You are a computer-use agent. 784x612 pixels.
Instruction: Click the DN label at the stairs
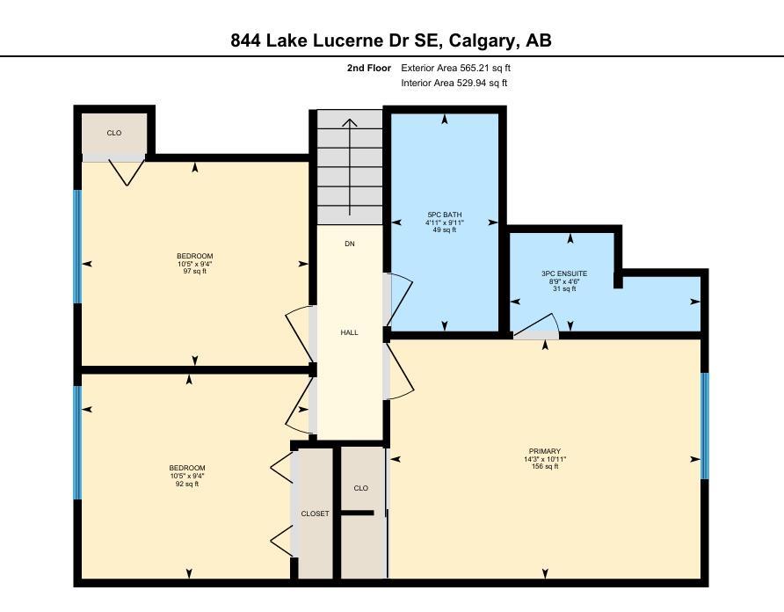tap(350, 244)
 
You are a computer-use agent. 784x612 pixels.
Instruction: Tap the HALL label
tap(349, 332)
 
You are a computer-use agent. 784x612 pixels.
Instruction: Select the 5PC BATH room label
tap(445, 215)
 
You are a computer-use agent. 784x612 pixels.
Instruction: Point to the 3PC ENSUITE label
tap(564, 273)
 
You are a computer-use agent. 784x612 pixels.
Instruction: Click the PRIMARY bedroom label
tap(545, 451)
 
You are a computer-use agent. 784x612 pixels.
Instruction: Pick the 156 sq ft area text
tap(545, 466)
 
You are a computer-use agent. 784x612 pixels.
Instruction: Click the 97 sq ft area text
tap(194, 271)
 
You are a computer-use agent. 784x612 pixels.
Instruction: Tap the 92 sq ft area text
tap(187, 484)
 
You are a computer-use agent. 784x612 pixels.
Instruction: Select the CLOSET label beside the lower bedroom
tap(315, 514)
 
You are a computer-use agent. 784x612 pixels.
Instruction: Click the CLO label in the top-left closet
tap(114, 133)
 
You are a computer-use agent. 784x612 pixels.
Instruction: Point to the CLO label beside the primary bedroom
tap(360, 488)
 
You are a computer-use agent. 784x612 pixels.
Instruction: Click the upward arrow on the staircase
tap(350, 167)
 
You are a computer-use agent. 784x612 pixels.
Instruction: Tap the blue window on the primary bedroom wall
tap(705, 426)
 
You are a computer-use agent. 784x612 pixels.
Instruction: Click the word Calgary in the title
tap(482, 40)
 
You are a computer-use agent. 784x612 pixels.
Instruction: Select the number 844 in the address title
tap(245, 40)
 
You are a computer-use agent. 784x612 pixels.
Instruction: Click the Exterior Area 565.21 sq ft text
tap(455, 68)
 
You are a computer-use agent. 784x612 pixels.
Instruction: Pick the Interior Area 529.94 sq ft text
tap(454, 83)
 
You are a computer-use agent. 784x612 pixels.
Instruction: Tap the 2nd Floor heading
tap(369, 68)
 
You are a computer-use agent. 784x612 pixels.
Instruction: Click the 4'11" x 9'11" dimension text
tap(445, 222)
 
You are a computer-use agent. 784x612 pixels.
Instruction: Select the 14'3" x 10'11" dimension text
tap(545, 459)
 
